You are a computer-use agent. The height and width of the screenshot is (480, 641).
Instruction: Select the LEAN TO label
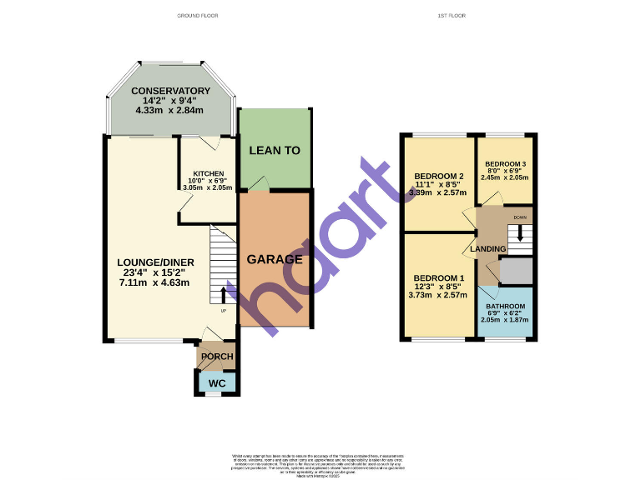[275, 151]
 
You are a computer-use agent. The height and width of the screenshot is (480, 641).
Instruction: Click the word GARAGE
[275, 259]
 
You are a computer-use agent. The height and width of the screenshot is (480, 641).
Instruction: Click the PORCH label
[216, 357]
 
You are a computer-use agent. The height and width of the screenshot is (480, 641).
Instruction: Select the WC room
[217, 383]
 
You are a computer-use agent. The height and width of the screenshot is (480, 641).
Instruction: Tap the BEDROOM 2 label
[439, 176]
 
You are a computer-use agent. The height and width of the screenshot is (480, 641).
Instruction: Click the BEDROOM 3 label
[506, 163]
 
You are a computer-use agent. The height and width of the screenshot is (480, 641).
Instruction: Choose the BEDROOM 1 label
[438, 277]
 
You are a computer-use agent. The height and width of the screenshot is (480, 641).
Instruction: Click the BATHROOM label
[506, 307]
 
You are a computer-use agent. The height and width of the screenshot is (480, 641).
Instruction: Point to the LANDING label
[488, 249]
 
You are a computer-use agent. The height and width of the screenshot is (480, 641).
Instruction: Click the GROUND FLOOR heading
[197, 16]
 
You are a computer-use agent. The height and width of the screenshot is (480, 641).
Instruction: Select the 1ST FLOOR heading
[451, 16]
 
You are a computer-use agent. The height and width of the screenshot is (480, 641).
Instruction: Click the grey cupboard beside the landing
[516, 272]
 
